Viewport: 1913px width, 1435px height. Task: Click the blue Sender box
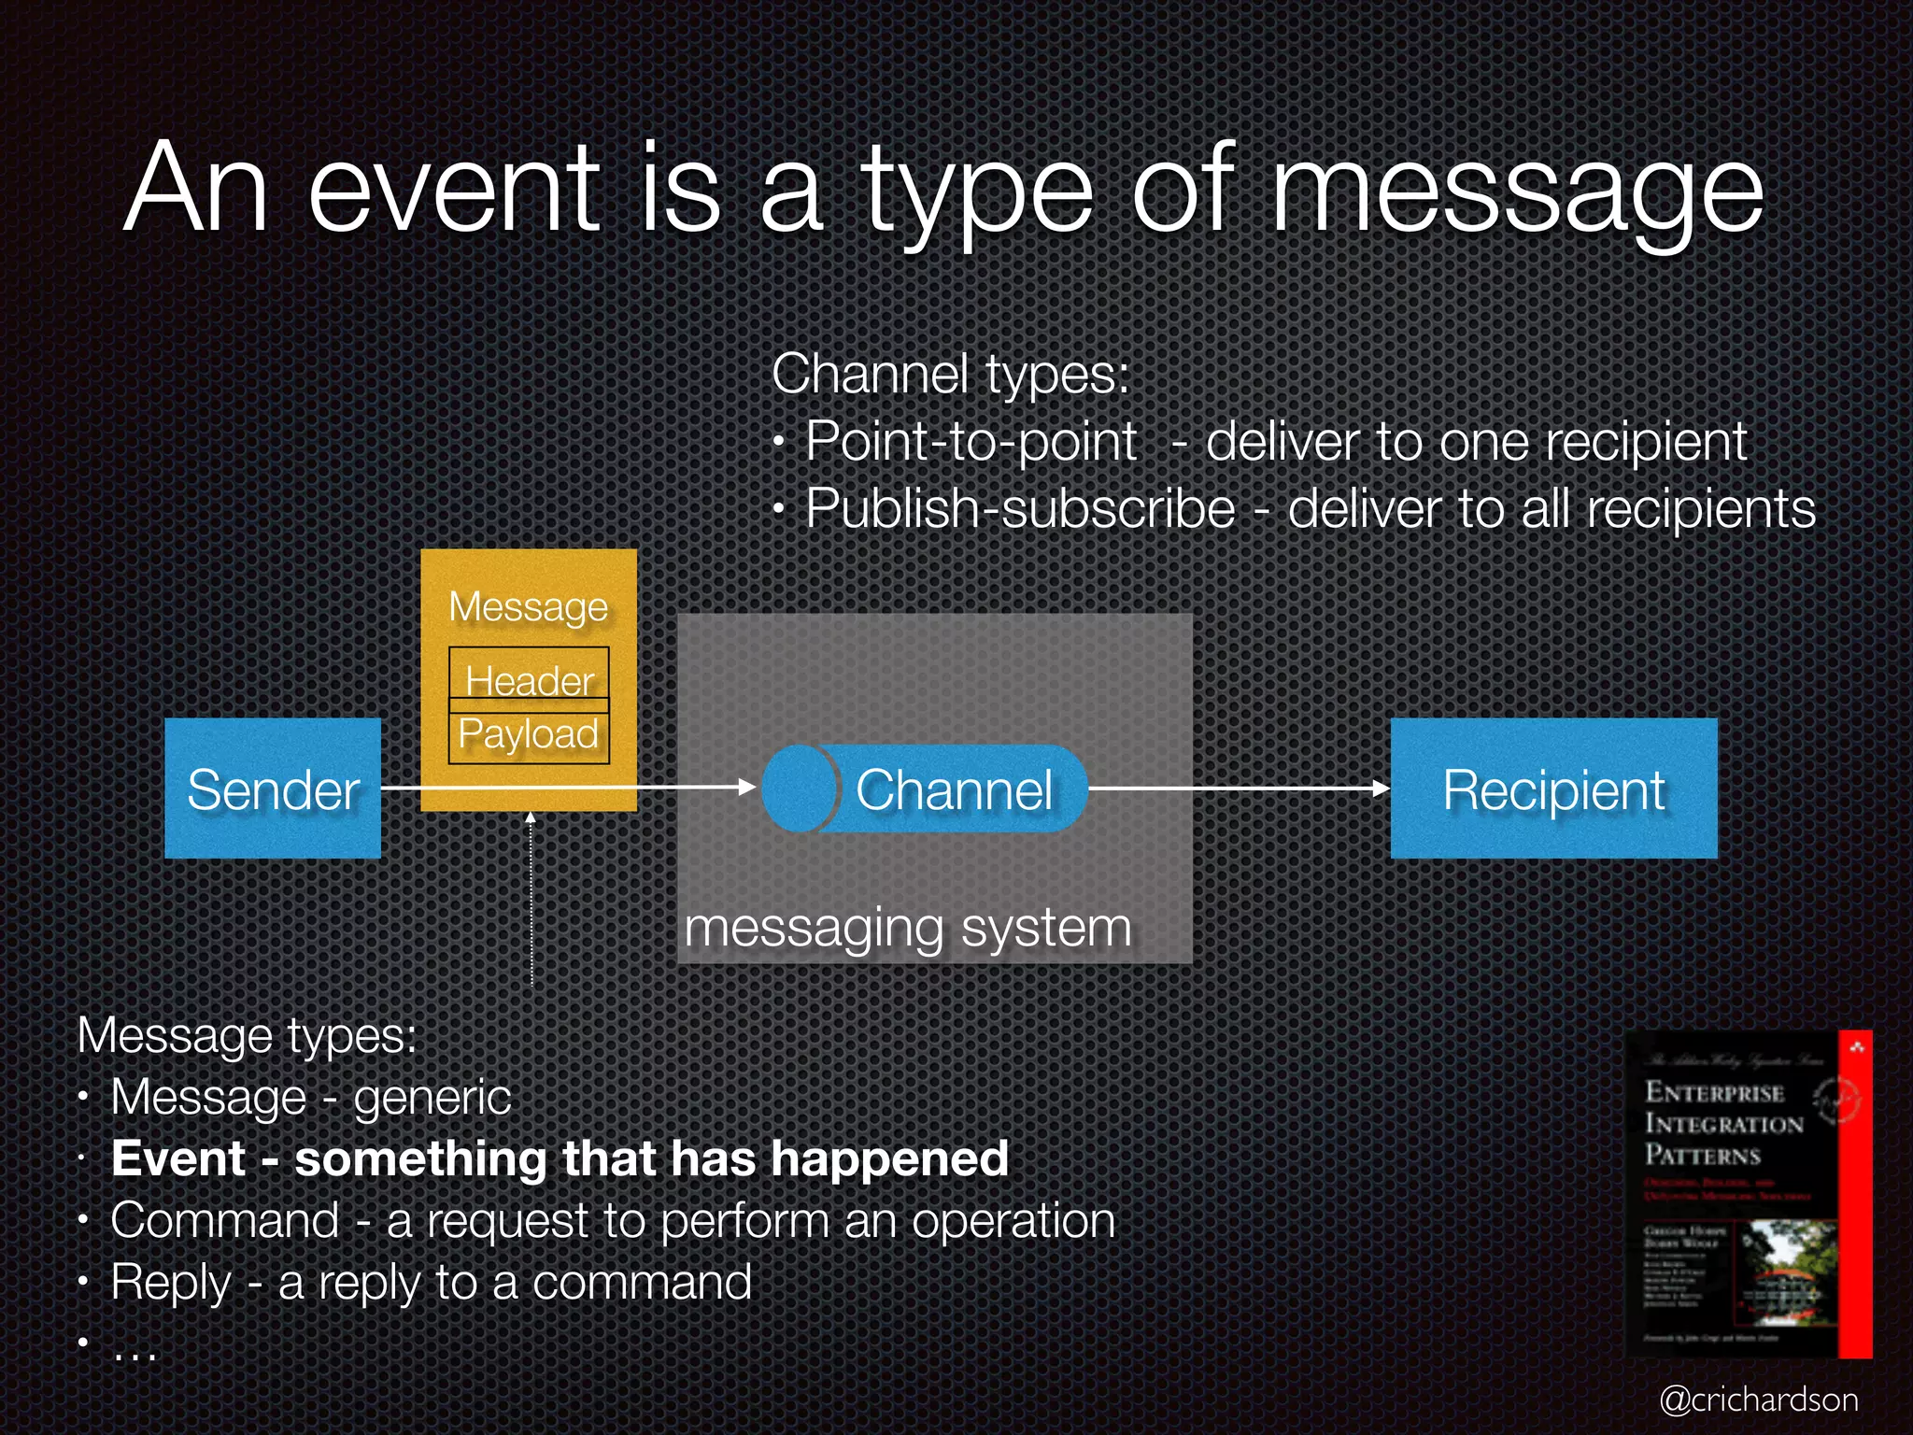pos(273,789)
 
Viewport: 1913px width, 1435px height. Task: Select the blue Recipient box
pos(1553,789)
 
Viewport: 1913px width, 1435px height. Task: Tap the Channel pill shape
pos(925,789)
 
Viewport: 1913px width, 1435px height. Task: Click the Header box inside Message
pos(529,679)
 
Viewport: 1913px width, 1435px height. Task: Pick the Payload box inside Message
pos(529,733)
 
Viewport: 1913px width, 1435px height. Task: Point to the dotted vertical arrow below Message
pos(531,897)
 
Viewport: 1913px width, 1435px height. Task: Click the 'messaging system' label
pos(908,928)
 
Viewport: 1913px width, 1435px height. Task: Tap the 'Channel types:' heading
pos(950,374)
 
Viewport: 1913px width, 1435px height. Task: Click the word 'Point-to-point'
pos(971,441)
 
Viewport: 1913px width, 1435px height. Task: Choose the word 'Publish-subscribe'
pos(1020,509)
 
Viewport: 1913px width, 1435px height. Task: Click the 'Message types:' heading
pos(247,1035)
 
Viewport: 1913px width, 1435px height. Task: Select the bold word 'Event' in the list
pos(178,1158)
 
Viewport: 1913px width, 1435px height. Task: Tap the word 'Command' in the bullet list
pos(224,1220)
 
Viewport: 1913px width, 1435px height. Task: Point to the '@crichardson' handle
pos(1759,1399)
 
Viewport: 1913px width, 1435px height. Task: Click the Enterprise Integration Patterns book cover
pos(1748,1193)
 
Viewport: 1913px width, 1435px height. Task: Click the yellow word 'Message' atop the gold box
pos(529,607)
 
